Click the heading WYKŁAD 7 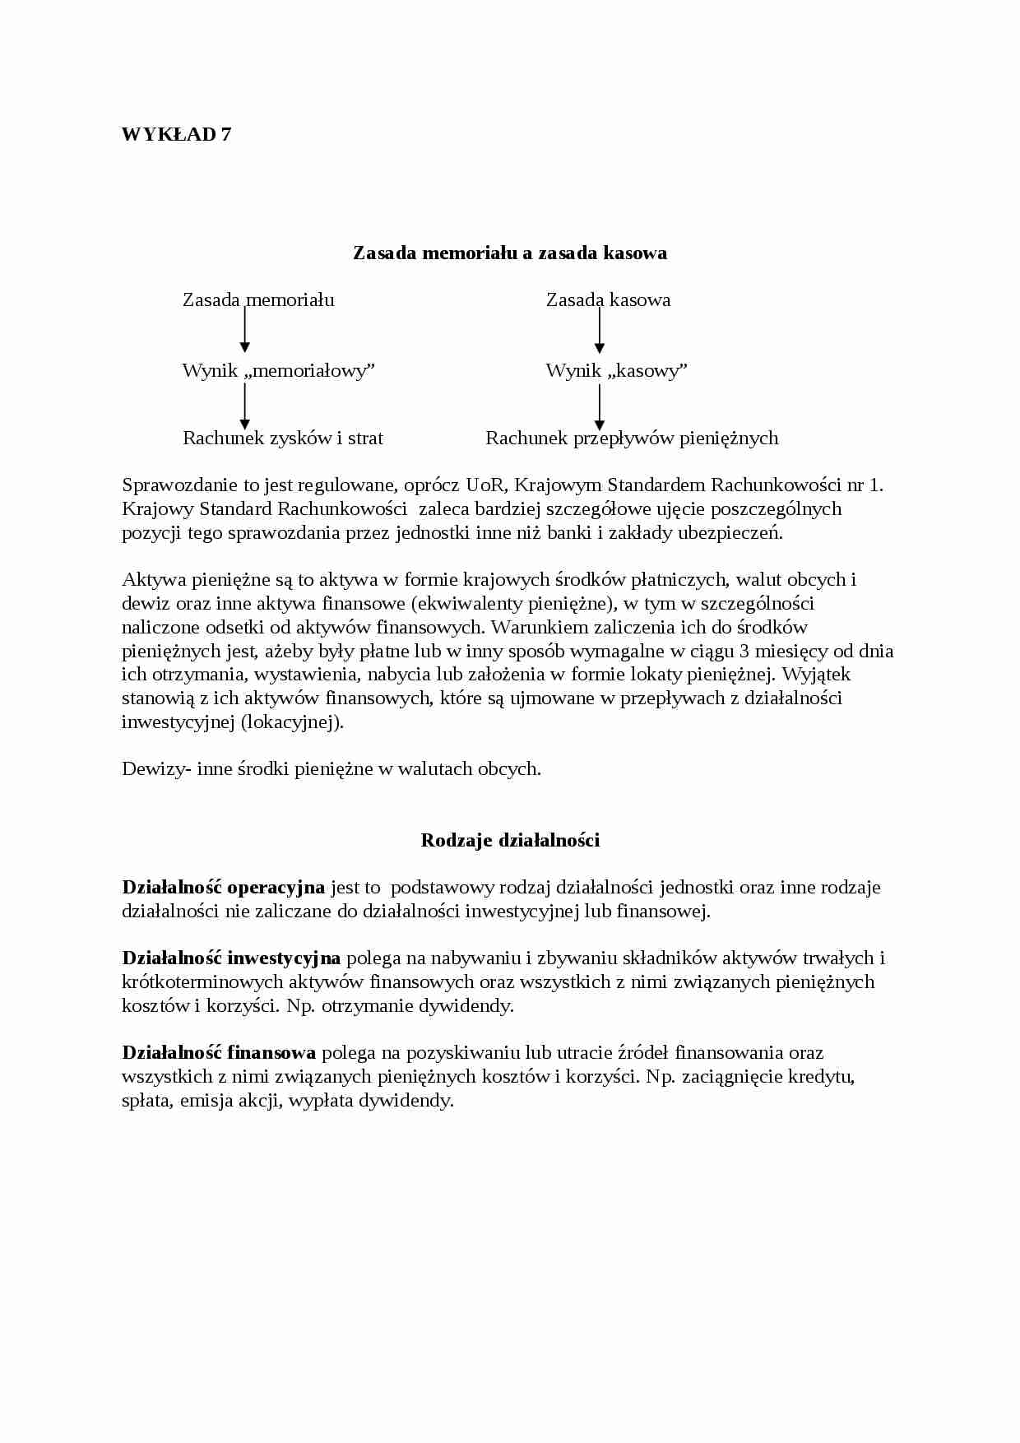coord(176,134)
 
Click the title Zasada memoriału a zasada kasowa coord(509,253)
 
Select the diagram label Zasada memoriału coord(258,300)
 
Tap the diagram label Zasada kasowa coord(608,300)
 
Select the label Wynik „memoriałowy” coord(278,371)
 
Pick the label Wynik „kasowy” coord(616,371)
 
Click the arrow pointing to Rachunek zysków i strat coord(244,406)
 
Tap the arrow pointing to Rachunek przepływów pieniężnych coord(599,406)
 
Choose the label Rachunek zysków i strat coord(282,438)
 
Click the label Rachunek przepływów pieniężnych coord(631,438)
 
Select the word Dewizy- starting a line coord(157,769)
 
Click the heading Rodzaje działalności coord(510,840)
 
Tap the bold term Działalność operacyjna coord(223,888)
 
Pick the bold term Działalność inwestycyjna coord(230,958)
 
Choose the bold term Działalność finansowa coord(219,1053)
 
